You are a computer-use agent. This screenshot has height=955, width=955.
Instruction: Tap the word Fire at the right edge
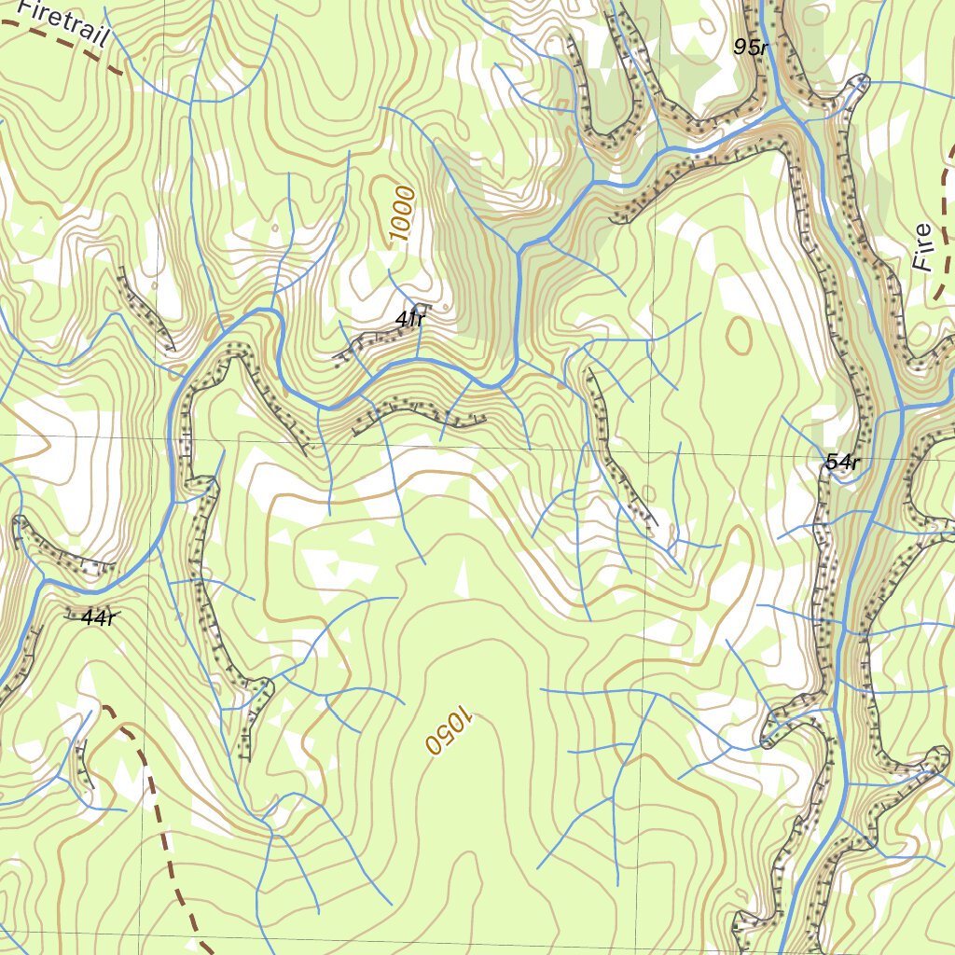(x=923, y=248)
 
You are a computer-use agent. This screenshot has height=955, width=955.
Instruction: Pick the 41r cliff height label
(x=409, y=320)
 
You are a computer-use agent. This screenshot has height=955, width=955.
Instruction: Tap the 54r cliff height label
(x=841, y=462)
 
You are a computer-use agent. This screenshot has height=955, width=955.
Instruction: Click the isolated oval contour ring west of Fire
(x=739, y=337)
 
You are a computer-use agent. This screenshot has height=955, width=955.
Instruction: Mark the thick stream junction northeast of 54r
(x=903, y=408)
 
